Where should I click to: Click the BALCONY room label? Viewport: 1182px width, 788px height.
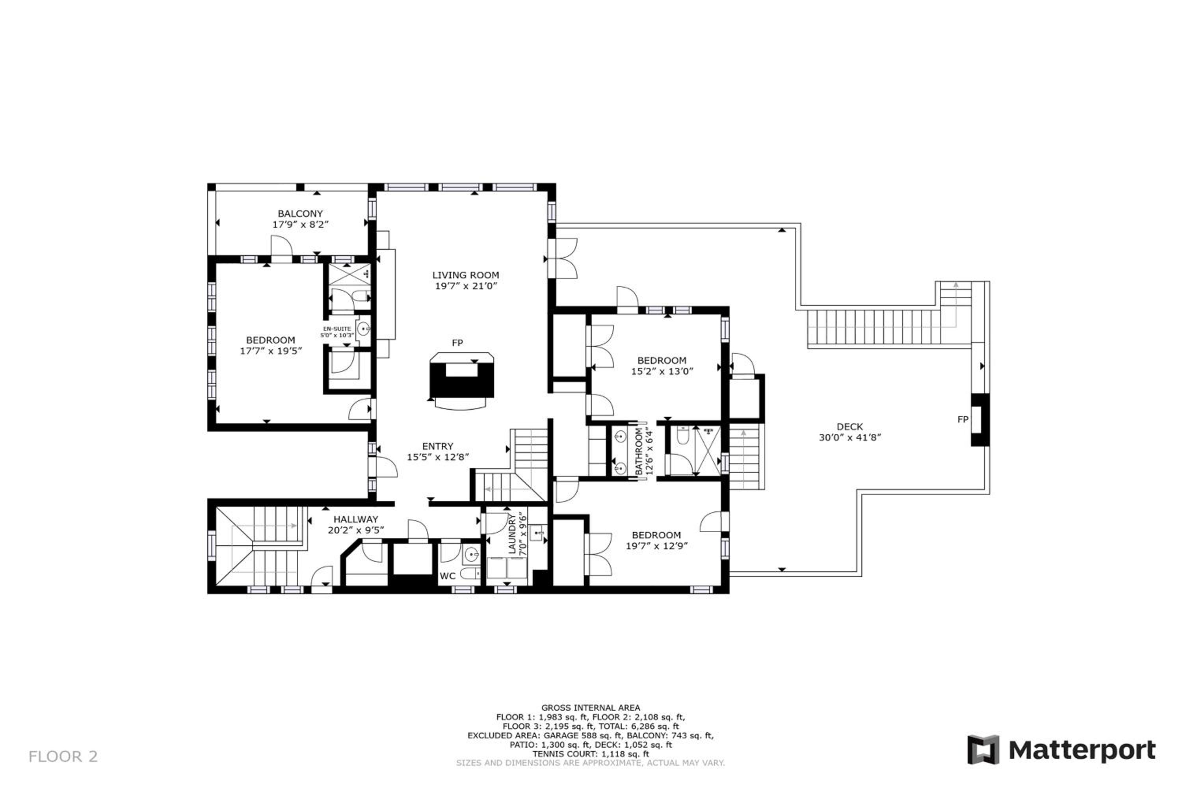[x=300, y=214]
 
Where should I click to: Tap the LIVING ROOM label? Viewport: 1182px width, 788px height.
[x=465, y=275]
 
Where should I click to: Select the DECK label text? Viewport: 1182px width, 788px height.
[x=850, y=427]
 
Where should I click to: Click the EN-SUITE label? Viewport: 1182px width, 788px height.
[x=337, y=329]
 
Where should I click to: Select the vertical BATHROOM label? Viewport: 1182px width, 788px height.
[x=639, y=452]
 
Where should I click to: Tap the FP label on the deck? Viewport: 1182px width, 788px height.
[x=963, y=419]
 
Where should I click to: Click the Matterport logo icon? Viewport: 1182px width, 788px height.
[x=983, y=750]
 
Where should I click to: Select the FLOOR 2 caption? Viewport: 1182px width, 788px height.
[x=63, y=756]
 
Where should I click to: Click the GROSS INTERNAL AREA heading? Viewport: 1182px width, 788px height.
[x=591, y=708]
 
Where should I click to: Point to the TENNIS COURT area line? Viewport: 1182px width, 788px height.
[x=591, y=754]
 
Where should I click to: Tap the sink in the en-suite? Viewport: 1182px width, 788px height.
[x=363, y=329]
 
